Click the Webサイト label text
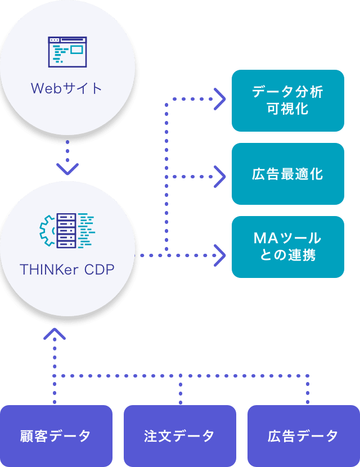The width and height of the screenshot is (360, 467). pos(67,88)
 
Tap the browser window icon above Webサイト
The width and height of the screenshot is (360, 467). pos(67,52)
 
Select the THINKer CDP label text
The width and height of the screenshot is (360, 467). pos(67,270)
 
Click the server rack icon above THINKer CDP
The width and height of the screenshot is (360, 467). pos(67,231)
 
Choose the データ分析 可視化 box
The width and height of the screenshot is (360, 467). pos(287,100)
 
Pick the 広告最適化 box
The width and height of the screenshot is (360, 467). pos(287,173)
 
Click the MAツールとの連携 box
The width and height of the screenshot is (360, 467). pos(287,246)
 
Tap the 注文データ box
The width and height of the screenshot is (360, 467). pos(179,435)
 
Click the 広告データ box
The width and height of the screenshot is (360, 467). pos(303,435)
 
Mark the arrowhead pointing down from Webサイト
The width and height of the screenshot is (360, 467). pos(67,168)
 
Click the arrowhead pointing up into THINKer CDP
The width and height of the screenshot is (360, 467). pos(55,335)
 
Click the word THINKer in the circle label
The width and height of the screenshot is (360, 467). pos(49,270)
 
